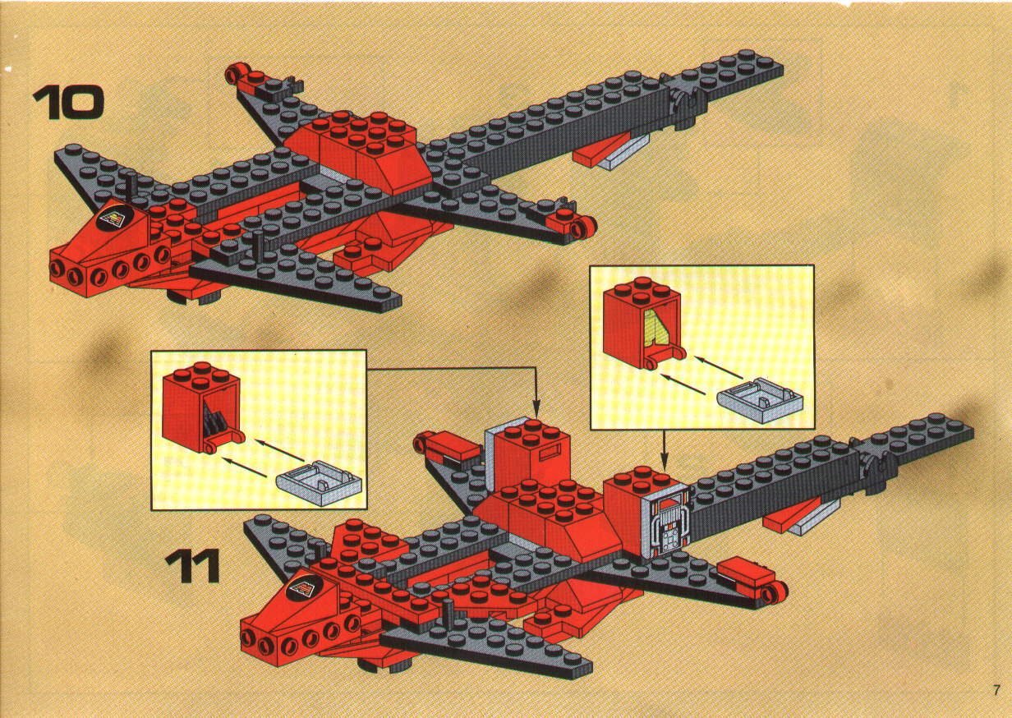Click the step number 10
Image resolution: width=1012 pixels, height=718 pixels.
click(x=67, y=103)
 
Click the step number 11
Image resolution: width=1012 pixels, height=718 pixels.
click(x=192, y=565)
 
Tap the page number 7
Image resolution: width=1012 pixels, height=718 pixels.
click(x=996, y=690)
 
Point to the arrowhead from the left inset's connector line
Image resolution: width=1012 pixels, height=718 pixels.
click(x=536, y=412)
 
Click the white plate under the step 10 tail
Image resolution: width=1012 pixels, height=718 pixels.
click(x=624, y=154)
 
